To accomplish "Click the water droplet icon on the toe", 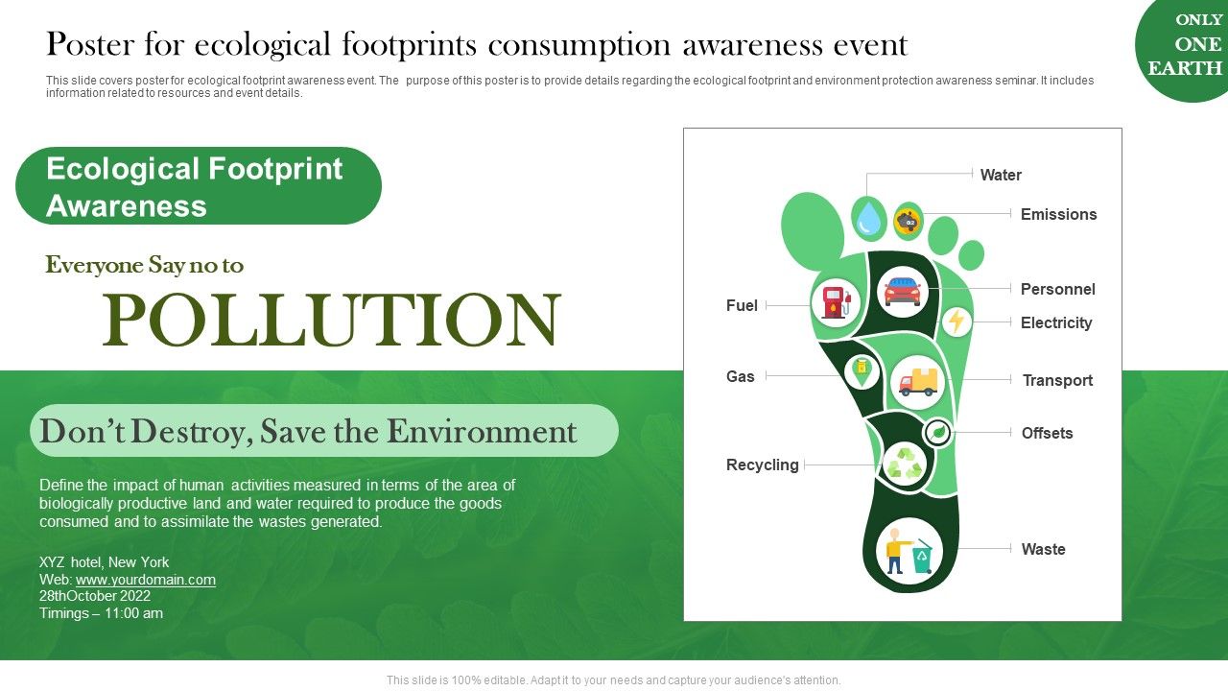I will tap(869, 218).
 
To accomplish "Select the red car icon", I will tap(902, 292).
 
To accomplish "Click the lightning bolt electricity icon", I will tap(956, 321).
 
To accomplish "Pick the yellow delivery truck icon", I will tap(918, 382).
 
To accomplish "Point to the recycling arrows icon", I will tap(903, 465).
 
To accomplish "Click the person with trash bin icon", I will tap(909, 552).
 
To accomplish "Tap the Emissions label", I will tap(1058, 214).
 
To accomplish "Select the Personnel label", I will tap(1057, 289).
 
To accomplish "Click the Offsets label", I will tap(1047, 433).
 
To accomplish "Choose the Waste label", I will tap(1043, 549).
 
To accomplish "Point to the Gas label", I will tap(740, 376).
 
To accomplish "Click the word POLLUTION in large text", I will tap(331, 320).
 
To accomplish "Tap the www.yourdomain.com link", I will tap(146, 580).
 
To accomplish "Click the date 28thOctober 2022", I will tap(95, 596).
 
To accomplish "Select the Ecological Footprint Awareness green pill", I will tap(198, 186).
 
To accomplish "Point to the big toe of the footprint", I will tap(812, 230).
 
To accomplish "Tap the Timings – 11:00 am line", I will tap(101, 612).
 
